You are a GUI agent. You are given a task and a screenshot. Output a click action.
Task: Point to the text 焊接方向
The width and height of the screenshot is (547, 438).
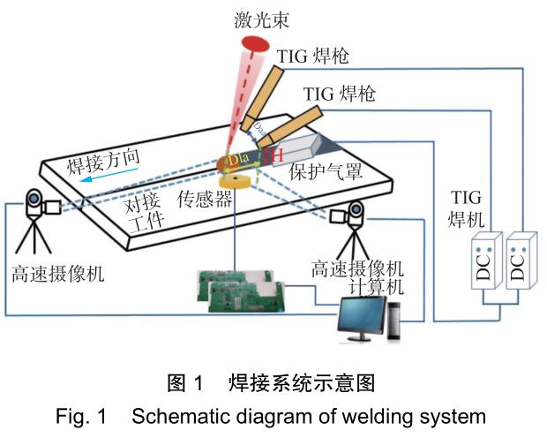(x=105, y=164)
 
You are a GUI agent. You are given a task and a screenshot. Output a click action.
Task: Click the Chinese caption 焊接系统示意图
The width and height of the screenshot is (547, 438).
(x=300, y=385)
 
